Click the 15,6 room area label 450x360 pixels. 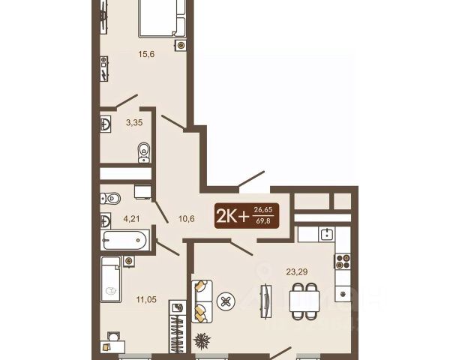[x=146, y=54]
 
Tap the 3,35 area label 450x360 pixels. [x=134, y=122]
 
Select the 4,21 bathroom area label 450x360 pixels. [x=131, y=219]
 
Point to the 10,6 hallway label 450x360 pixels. [x=187, y=219]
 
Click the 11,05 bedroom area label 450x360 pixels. [x=146, y=300]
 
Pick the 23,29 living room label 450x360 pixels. [x=297, y=271]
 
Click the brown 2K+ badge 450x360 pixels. [x=247, y=216]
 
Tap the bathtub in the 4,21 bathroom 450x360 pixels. [x=125, y=240]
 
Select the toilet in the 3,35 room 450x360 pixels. [x=144, y=153]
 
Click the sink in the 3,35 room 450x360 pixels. [x=106, y=124]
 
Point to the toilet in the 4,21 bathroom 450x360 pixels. [x=110, y=198]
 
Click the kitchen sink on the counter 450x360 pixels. [x=326, y=234]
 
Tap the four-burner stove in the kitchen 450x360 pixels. [x=343, y=261]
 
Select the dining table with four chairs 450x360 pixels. [x=304, y=301]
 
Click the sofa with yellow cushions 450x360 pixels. [x=202, y=301]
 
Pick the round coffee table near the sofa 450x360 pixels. [x=226, y=301]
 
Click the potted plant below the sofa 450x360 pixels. [x=202, y=340]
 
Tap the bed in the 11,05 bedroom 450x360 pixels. [x=110, y=279]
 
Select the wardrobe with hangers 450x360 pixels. [x=177, y=327]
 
